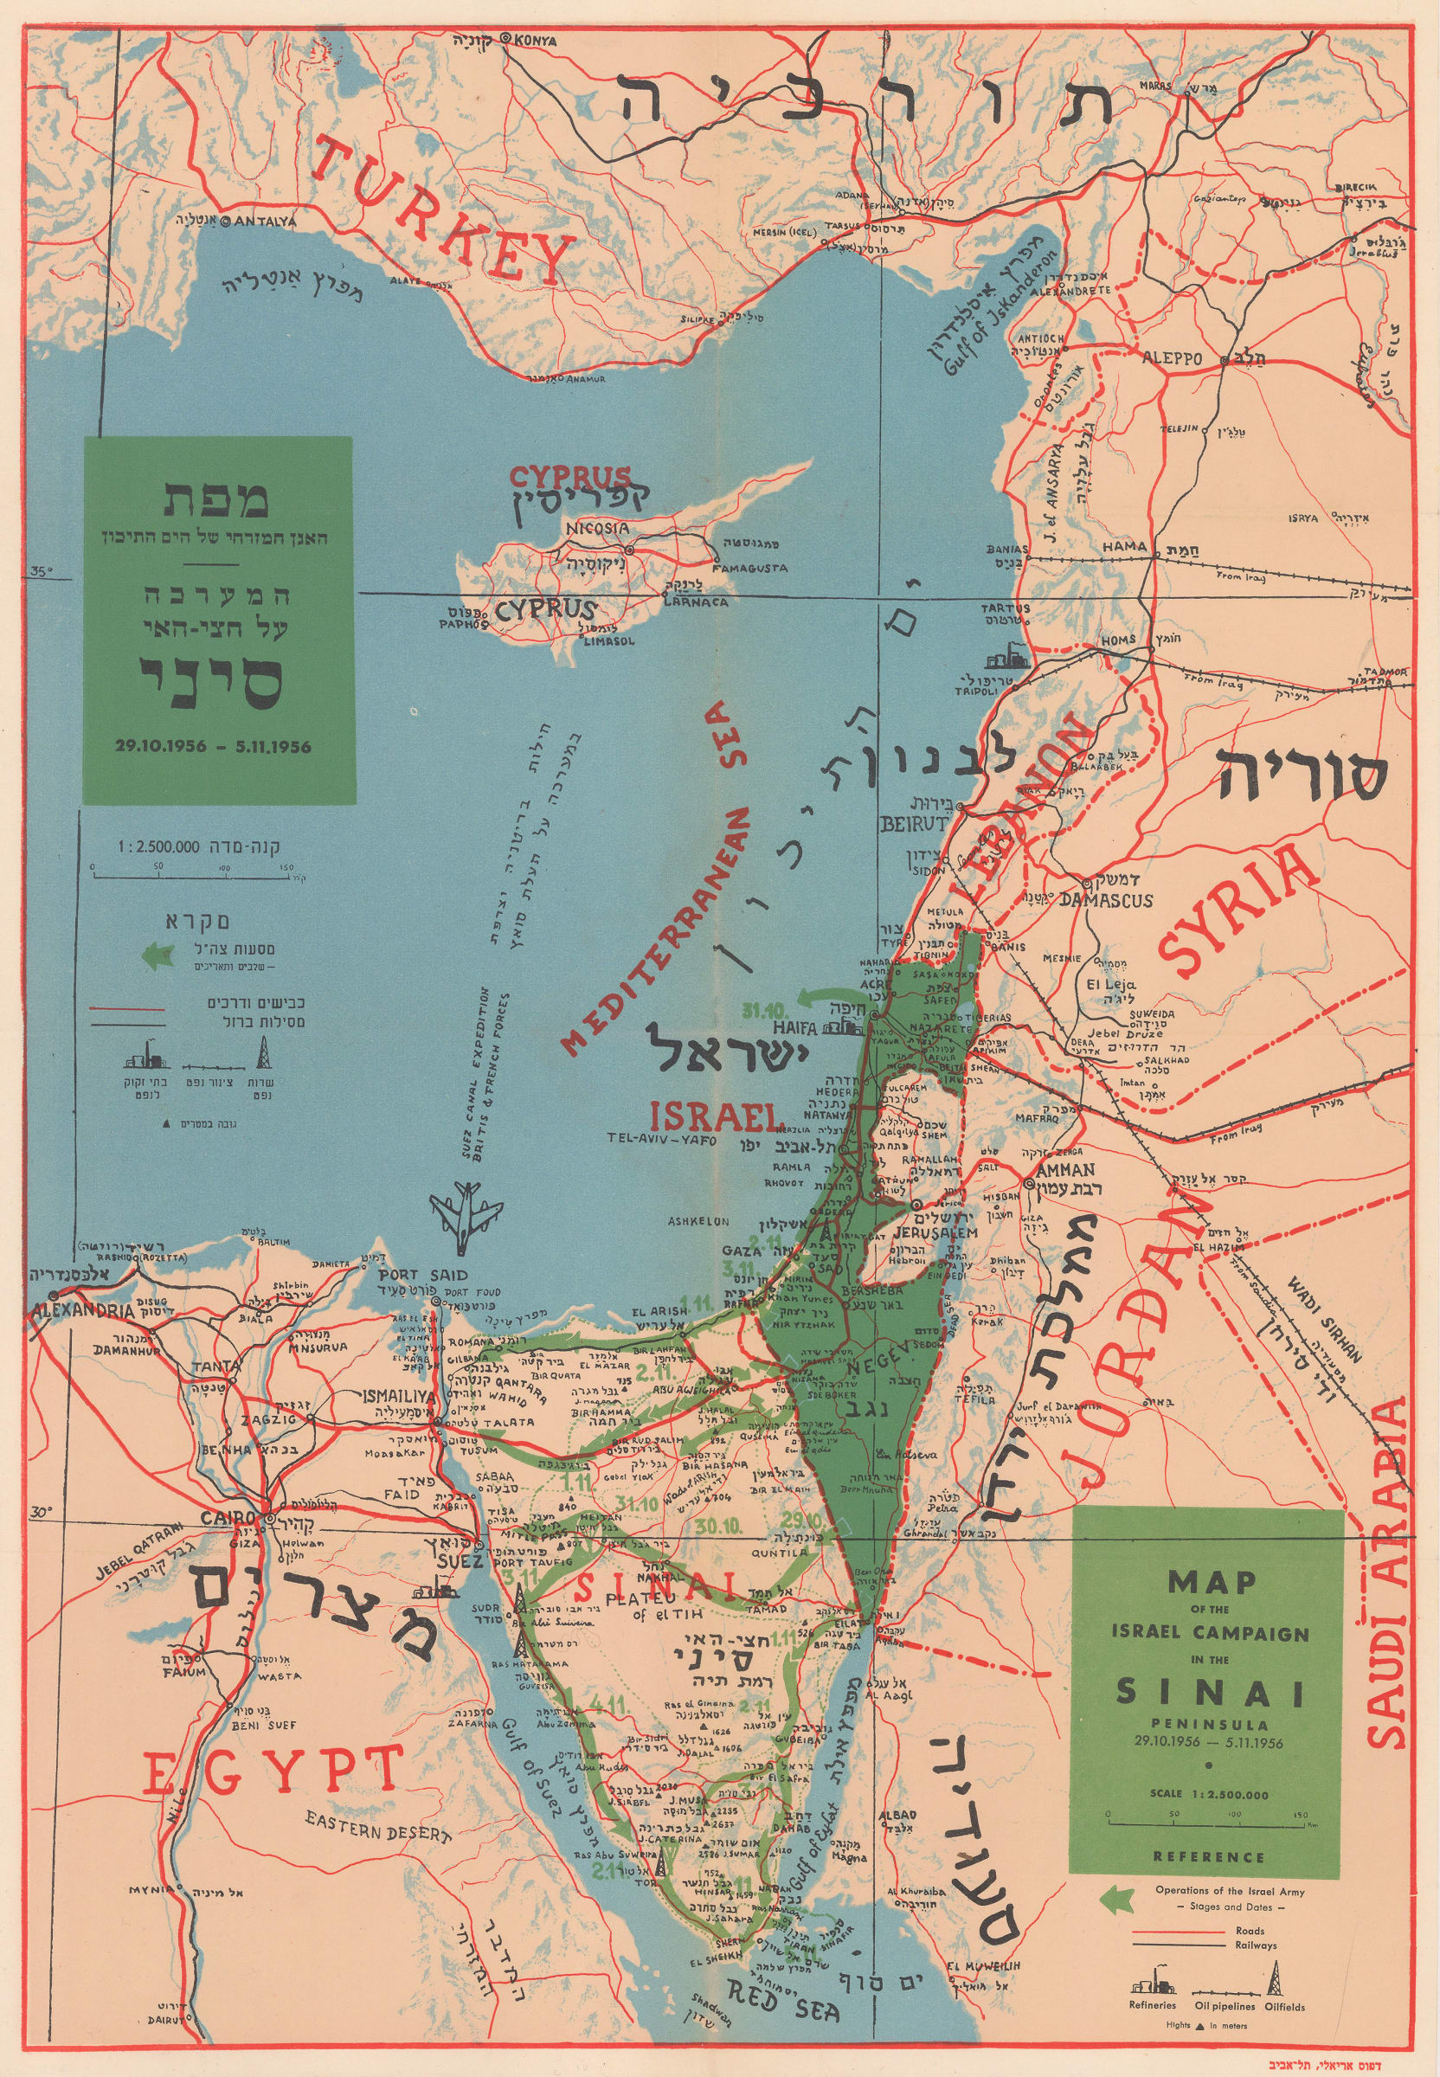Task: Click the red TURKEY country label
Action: click(x=442, y=212)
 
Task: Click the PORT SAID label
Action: click(x=411, y=1275)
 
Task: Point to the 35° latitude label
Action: click(x=42, y=571)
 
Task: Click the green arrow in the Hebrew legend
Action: click(x=157, y=954)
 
